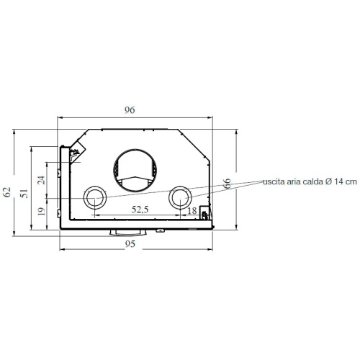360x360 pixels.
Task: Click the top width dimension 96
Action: [130, 110]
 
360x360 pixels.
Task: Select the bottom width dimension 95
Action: [130, 243]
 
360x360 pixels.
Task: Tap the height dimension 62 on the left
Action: [8, 192]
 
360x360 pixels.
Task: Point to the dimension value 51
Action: [24, 193]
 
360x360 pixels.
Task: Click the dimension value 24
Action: [41, 179]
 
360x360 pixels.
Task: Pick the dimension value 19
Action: [41, 211]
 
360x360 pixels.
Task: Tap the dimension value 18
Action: [191, 210]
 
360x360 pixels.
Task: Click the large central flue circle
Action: [133, 170]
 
